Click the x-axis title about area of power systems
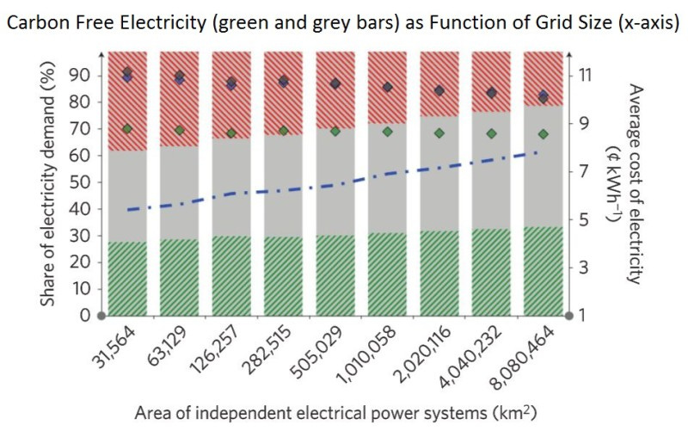tap(335, 412)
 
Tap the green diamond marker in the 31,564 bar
tap(126, 129)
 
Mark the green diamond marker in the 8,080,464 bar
tap(543, 134)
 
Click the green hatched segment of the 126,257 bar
tap(230, 275)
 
